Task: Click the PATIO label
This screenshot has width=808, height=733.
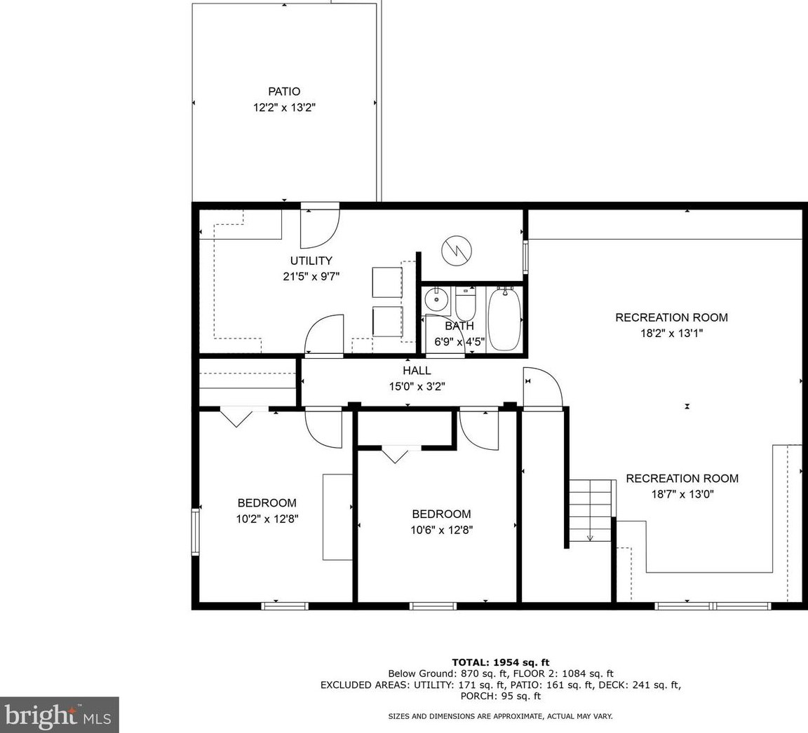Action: (x=283, y=92)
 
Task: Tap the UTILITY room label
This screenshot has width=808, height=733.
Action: (x=311, y=261)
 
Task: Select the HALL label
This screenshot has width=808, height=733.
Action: (x=417, y=371)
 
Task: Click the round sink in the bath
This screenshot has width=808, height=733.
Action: (x=436, y=300)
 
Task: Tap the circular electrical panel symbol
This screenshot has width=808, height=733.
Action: (x=457, y=250)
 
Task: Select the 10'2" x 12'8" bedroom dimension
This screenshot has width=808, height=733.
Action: (x=267, y=519)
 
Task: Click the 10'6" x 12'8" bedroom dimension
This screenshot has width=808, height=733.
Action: (x=441, y=530)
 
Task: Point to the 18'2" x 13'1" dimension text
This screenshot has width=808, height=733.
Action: (x=671, y=334)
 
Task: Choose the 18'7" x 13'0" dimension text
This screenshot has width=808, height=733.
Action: (x=682, y=494)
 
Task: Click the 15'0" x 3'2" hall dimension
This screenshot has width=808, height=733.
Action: (x=417, y=386)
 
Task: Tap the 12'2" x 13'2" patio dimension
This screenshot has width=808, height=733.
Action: (x=283, y=108)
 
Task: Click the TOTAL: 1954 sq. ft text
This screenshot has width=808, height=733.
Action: (x=500, y=662)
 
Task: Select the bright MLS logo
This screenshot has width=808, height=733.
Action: (x=59, y=715)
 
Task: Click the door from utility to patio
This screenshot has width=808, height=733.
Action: (x=320, y=228)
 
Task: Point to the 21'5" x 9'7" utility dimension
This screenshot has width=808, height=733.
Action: (x=311, y=276)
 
